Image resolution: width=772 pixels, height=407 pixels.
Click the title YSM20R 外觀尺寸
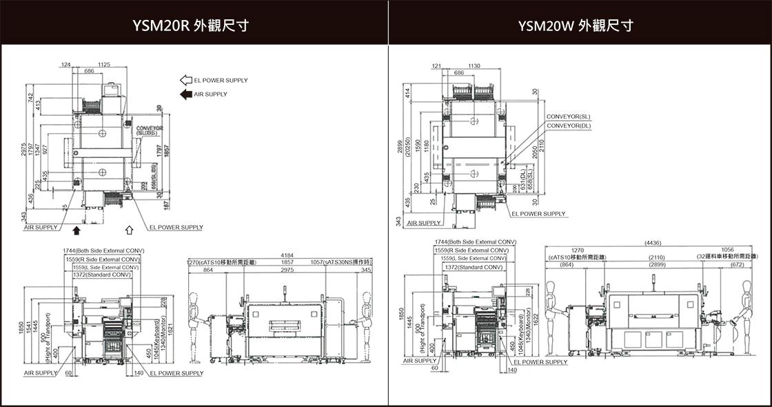point(191,26)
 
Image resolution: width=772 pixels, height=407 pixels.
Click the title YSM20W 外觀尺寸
point(576,26)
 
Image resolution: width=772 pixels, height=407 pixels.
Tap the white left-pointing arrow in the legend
point(186,80)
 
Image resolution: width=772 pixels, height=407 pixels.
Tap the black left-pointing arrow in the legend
point(186,94)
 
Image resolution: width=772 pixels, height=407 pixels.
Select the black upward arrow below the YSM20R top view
point(77,229)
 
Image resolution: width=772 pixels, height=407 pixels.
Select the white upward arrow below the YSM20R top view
point(129,229)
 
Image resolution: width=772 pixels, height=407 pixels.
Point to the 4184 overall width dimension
point(287,256)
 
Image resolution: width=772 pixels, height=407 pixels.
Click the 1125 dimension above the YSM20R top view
point(104,64)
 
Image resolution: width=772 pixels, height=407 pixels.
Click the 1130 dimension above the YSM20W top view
point(474,66)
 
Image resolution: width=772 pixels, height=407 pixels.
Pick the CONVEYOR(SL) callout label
point(568,117)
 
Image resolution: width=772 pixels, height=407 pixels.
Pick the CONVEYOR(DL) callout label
point(568,126)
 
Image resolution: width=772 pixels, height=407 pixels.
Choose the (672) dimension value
point(737,265)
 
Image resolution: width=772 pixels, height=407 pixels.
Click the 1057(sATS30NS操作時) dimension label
point(341,263)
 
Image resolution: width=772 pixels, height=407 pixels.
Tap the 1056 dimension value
point(727,250)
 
